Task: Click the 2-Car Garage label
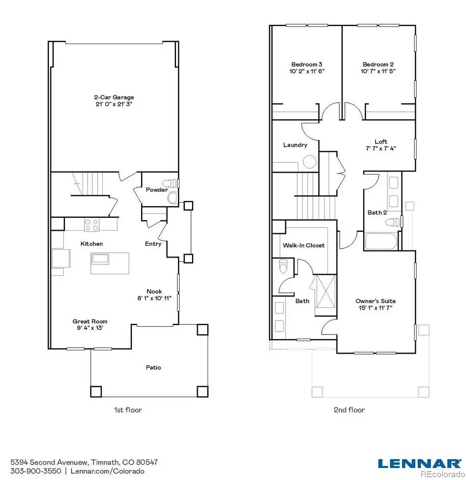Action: (114, 97)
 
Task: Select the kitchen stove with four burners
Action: (92, 225)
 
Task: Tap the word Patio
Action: (153, 368)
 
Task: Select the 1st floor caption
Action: (128, 410)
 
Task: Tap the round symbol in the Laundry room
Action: (310, 163)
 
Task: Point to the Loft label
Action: (380, 142)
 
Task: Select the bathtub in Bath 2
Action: (381, 242)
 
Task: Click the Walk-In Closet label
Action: (304, 245)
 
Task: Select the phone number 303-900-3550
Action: (36, 471)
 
